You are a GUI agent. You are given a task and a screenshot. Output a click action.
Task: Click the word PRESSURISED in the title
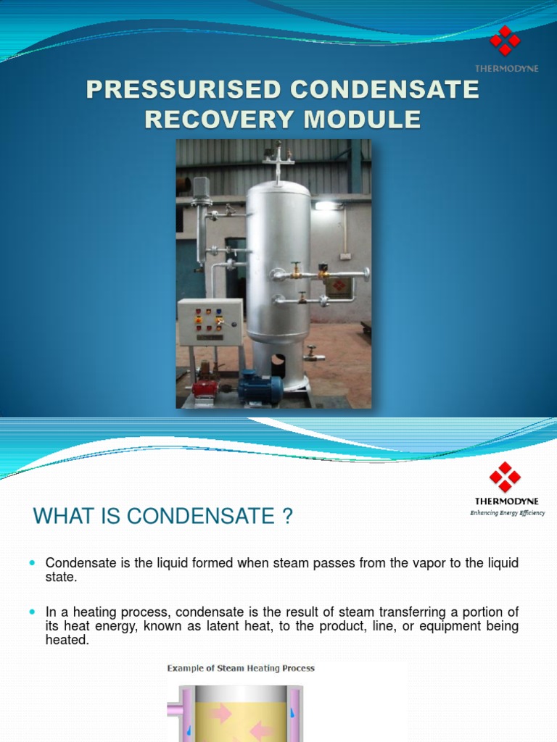click(181, 90)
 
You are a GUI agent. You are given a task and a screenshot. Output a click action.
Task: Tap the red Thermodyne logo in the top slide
click(505, 41)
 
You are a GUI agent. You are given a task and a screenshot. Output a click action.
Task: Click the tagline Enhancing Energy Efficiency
click(507, 512)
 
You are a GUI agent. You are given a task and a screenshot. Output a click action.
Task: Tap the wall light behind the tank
click(326, 206)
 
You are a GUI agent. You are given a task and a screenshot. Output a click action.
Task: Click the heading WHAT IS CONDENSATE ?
click(162, 517)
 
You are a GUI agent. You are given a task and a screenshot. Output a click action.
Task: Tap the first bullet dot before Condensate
click(32, 563)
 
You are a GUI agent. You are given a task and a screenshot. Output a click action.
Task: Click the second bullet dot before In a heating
click(32, 612)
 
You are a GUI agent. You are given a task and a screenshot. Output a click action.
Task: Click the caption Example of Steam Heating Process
click(241, 668)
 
